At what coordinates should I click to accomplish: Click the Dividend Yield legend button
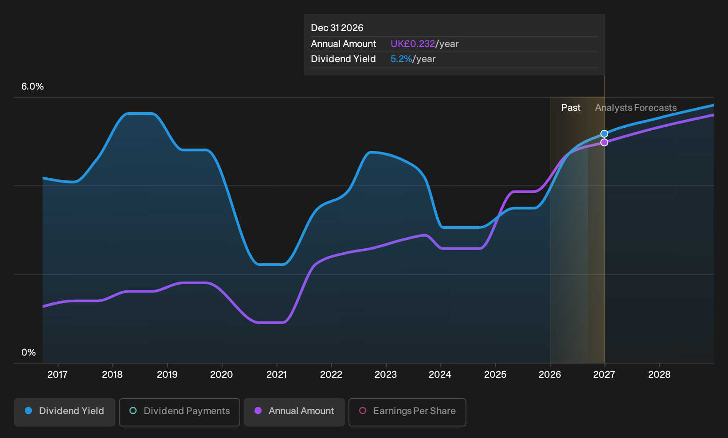coord(65,412)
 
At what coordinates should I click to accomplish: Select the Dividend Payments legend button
coord(180,412)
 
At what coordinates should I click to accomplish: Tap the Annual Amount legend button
coord(294,412)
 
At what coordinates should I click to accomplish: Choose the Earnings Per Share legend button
coord(407,412)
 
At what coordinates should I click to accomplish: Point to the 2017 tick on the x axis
coord(58,365)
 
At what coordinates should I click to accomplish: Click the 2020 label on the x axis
coord(221,375)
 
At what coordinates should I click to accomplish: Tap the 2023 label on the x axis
coord(386,375)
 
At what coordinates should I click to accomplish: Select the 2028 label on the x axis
coord(659,375)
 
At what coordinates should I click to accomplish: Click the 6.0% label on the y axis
coord(32,86)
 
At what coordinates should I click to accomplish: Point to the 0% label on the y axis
coord(29,352)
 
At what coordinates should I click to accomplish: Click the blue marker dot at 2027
coord(604,134)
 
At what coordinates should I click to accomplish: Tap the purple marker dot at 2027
coord(604,142)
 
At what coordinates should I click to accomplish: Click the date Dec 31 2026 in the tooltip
coord(337,28)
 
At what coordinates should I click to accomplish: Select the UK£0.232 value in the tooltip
coord(413,44)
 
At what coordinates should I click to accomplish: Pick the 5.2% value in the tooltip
coord(401,59)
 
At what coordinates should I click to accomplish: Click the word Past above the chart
coord(571,108)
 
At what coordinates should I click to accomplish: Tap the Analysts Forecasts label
coord(636,108)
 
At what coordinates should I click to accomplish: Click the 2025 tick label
coord(495,375)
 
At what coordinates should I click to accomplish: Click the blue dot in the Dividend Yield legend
coord(29,411)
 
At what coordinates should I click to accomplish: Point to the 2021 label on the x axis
coord(276,375)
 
